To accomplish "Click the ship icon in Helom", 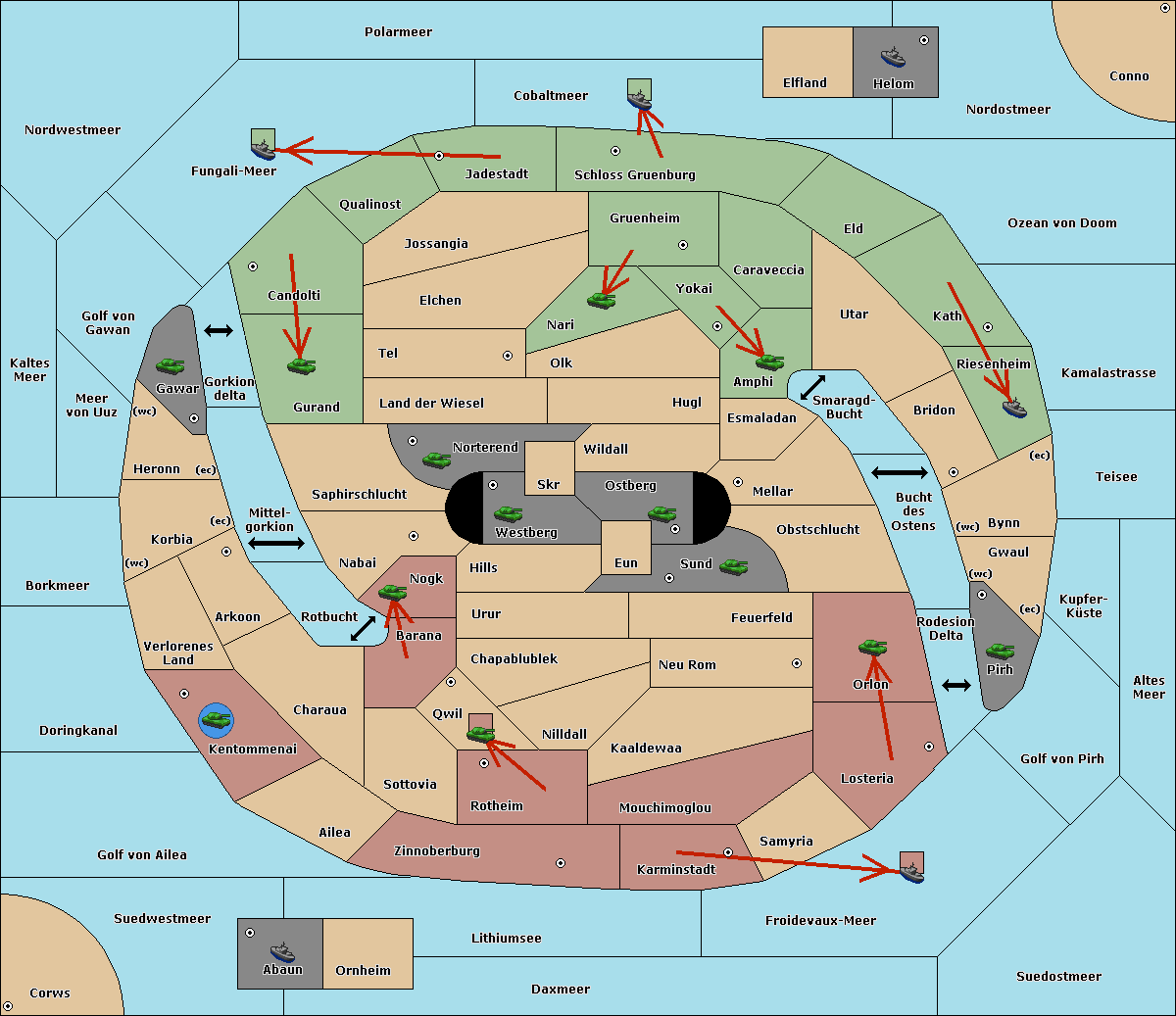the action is (x=893, y=57).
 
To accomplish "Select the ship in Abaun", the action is (x=283, y=951).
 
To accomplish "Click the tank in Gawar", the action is (x=171, y=365).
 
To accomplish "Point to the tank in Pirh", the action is (x=1000, y=651).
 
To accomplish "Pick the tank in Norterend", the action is (x=436, y=460).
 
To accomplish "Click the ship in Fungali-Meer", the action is (x=264, y=149).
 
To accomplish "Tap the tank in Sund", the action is (x=733, y=566).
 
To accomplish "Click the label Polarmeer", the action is (x=398, y=32).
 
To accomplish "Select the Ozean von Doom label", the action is (x=1061, y=223).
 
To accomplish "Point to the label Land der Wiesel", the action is (x=431, y=404).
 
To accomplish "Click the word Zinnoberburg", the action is (x=437, y=851).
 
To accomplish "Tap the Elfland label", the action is (x=805, y=83).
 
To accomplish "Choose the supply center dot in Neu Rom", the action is (x=797, y=663).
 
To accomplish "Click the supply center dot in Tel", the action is (x=508, y=356).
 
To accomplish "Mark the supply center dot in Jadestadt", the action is (x=439, y=156).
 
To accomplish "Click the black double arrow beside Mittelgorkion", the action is (x=276, y=543).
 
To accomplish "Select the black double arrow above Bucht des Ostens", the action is (x=900, y=472).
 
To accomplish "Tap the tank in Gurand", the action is (x=301, y=365).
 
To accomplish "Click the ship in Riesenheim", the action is (x=1014, y=408).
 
